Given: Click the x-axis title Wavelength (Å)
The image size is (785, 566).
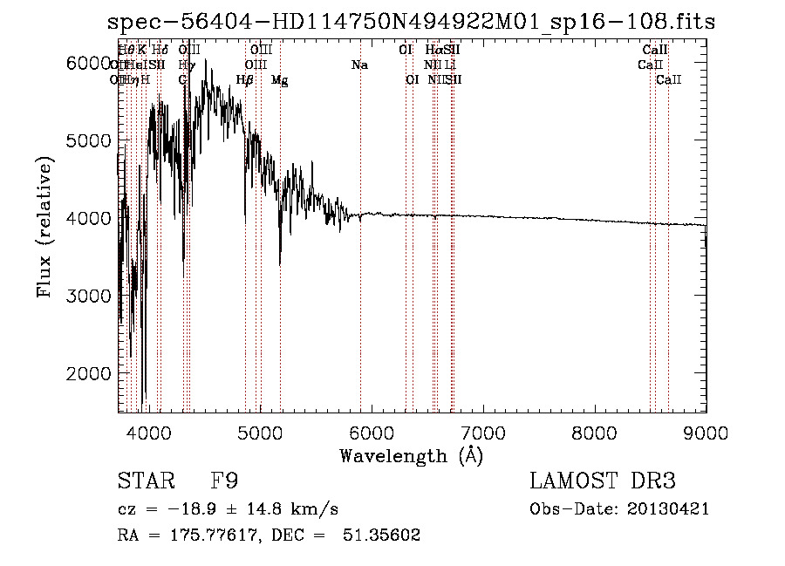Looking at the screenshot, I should click(x=411, y=455).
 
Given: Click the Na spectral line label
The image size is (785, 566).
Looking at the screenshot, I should click(x=359, y=65).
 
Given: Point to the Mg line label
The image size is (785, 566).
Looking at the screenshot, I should click(x=279, y=80).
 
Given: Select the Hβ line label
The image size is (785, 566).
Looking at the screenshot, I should click(x=244, y=80).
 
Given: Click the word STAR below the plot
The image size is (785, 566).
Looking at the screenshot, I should click(x=145, y=481).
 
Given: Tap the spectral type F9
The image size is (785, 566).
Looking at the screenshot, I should click(x=224, y=481).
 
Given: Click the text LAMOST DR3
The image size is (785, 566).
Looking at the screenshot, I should click(x=603, y=481).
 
